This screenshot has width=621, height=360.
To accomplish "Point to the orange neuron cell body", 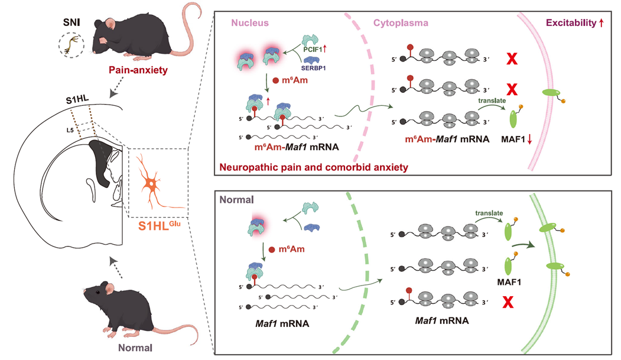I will pyautogui.click(x=152, y=184).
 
